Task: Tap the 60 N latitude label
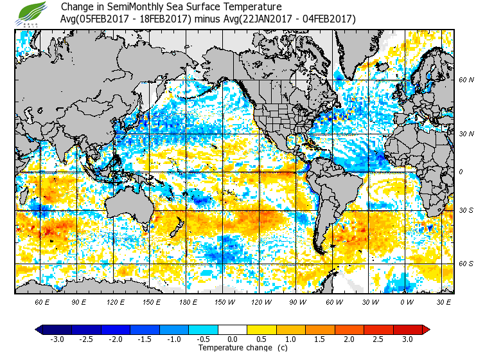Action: coord(466,80)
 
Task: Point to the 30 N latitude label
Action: coord(466,134)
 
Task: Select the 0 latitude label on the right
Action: coord(461,172)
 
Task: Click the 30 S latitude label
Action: coord(466,211)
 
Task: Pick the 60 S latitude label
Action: coord(466,264)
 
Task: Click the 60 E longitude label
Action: coord(42,301)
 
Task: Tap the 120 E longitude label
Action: coord(116,301)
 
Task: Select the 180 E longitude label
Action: coord(188,301)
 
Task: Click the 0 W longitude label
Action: coord(406,301)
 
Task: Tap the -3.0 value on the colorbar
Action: coord(57,339)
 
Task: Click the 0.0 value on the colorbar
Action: coord(233,339)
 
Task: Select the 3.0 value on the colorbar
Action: coord(407,339)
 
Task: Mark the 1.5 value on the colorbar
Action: coord(320,339)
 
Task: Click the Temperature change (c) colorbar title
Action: coord(233,348)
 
